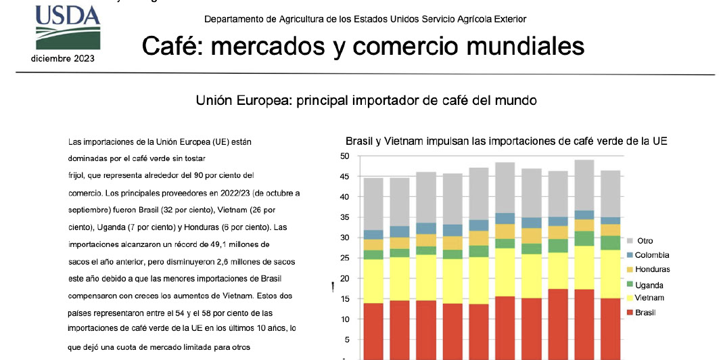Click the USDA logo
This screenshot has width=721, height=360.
pyautogui.click(x=68, y=27)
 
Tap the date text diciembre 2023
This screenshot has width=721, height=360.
pyautogui.click(x=63, y=58)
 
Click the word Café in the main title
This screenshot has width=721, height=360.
pyautogui.click(x=172, y=46)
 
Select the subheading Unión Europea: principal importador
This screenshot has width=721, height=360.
pyautogui.click(x=366, y=101)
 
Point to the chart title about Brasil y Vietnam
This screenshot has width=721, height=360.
pyautogui.click(x=507, y=141)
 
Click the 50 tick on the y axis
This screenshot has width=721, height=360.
pyautogui.click(x=344, y=156)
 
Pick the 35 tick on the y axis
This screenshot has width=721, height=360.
pyautogui.click(x=344, y=217)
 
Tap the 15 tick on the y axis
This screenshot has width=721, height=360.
pyautogui.click(x=344, y=298)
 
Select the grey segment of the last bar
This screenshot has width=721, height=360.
pyautogui.click(x=610, y=194)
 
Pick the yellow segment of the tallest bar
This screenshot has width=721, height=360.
pyautogui.click(x=584, y=267)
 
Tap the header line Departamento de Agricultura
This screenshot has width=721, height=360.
pyautogui.click(x=365, y=20)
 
